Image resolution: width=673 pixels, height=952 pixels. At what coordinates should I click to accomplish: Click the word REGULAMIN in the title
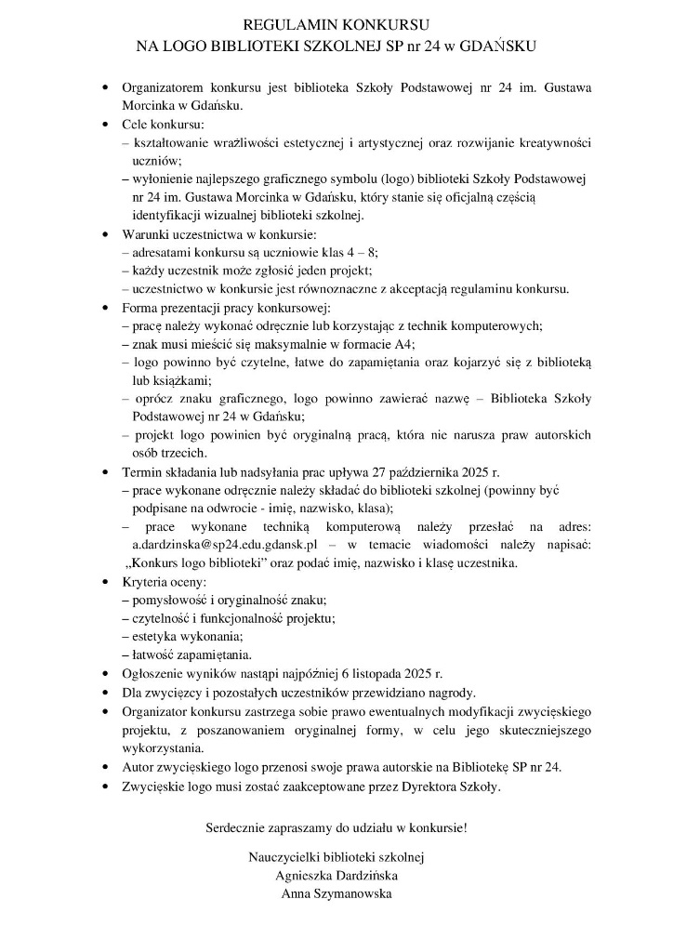(x=278, y=25)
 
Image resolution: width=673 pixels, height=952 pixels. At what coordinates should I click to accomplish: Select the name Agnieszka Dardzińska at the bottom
(x=336, y=875)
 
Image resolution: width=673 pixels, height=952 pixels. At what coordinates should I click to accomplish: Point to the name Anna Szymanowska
(x=336, y=893)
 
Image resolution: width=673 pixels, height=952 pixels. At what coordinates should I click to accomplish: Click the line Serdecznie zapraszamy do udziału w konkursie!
(x=336, y=826)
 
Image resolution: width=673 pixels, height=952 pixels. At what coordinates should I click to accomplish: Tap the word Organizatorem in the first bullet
(x=163, y=87)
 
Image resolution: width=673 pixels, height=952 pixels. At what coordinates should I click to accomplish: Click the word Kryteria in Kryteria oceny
(x=144, y=582)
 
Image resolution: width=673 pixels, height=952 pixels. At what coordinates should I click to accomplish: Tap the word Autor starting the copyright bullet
(x=139, y=767)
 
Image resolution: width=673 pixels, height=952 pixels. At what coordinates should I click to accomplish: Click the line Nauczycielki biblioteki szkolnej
(x=336, y=856)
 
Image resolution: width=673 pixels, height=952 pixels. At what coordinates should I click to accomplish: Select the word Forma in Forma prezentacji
(x=140, y=307)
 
